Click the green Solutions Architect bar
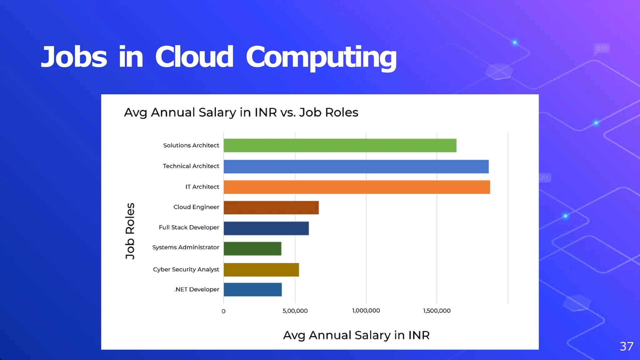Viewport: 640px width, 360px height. coord(340,145)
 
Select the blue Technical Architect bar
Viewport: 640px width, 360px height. coord(356,166)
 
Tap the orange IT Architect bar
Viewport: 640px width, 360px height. coord(357,187)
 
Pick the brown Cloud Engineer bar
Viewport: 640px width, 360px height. coord(271,207)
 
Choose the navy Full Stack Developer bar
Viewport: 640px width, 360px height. coord(266,228)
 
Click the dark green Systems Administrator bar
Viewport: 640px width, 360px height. coord(252,248)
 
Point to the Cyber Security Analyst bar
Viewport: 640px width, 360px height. coord(261,269)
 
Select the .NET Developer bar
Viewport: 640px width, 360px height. coord(253,289)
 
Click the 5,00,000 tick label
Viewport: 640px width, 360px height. coord(295,311)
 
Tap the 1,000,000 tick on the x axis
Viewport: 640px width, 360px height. coord(366,311)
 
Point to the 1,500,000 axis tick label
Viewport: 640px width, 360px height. coord(437,311)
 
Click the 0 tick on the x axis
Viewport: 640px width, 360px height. coord(223,311)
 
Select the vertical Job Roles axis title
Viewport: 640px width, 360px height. coord(130,231)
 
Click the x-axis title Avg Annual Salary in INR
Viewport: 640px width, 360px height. coord(356,335)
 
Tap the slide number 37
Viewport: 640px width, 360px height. coord(627,346)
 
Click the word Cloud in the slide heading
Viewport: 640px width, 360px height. coord(194,57)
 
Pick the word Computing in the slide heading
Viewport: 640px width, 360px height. coord(321,58)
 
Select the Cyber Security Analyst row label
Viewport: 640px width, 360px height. coord(186,269)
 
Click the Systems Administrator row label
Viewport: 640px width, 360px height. coord(186,247)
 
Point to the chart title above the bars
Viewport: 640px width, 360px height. coord(241,112)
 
